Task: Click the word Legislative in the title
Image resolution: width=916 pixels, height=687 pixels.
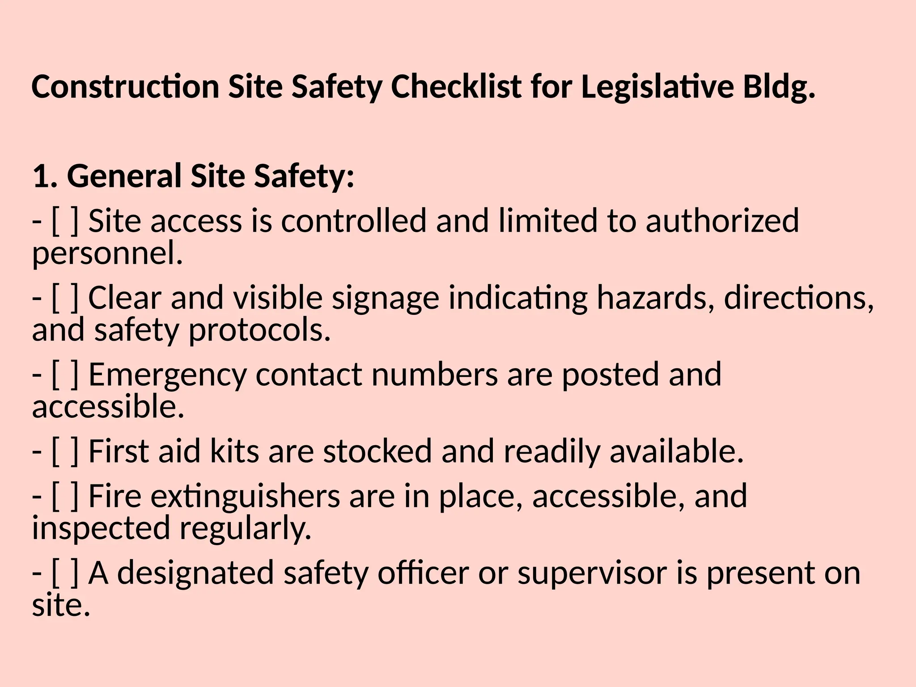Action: click(657, 87)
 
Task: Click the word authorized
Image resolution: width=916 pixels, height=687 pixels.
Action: click(722, 221)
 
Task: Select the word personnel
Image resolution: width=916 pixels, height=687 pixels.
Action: click(107, 254)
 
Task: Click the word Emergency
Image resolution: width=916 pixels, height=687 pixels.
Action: click(167, 375)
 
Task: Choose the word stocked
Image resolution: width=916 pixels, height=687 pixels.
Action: click(377, 451)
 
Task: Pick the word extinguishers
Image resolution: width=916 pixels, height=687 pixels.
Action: click(245, 496)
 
